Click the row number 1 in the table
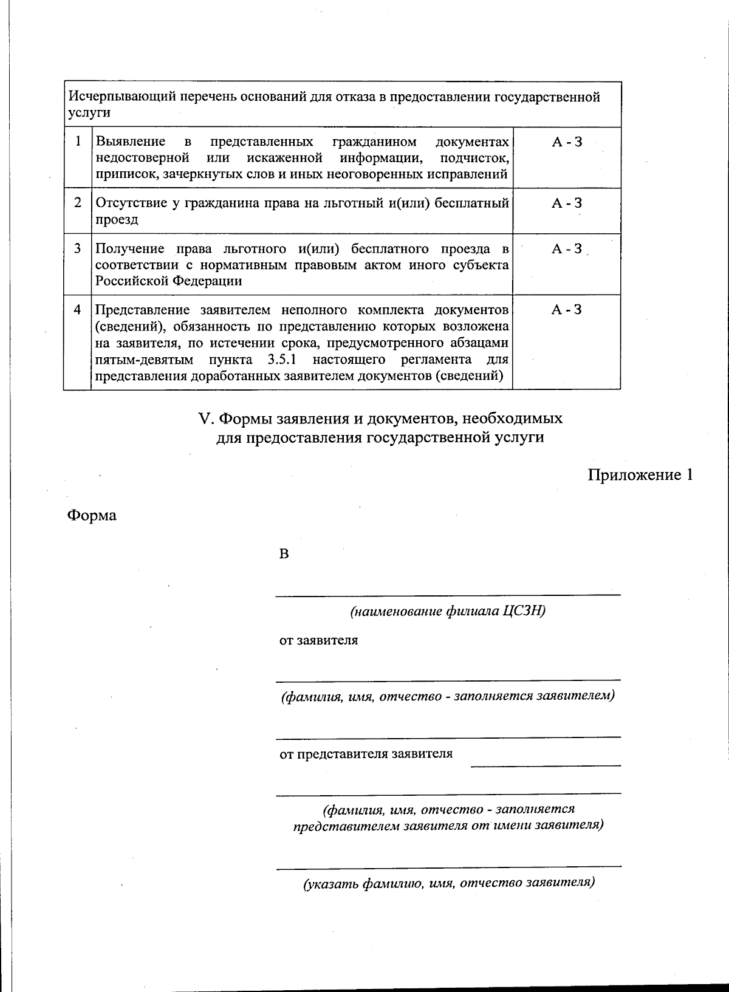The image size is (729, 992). [78, 142]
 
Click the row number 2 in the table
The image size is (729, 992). [78, 203]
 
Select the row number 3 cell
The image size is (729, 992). [78, 248]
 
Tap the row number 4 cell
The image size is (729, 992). [78, 310]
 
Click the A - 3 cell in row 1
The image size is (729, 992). [566, 142]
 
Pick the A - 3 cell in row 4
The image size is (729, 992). [566, 310]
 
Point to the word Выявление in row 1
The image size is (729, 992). [131, 142]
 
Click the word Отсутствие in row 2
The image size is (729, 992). [131, 204]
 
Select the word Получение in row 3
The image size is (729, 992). [129, 249]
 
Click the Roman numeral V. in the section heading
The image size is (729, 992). [207, 419]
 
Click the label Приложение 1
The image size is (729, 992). [640, 474]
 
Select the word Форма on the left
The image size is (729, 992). [91, 516]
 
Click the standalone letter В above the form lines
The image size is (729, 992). [283, 554]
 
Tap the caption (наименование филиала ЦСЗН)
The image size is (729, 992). [448, 611]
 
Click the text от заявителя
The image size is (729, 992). [318, 640]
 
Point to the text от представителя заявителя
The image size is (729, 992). [366, 754]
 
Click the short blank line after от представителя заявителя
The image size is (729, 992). [545, 765]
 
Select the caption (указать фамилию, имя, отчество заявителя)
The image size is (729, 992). [448, 883]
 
